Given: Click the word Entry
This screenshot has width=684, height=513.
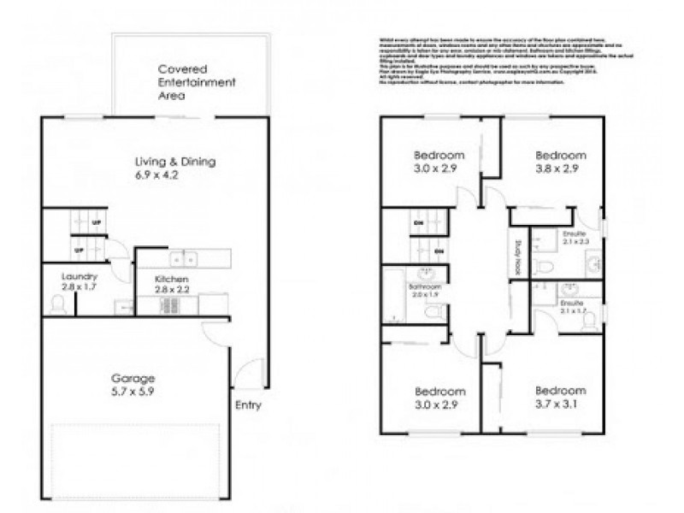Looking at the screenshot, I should pos(248,405).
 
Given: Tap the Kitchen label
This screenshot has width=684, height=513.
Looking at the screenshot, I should pos(171,280).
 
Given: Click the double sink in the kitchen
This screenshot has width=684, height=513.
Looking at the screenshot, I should pos(183,257).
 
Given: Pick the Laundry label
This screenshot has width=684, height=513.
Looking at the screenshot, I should pos(79,277).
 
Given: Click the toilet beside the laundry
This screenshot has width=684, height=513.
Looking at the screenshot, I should pos(58,304).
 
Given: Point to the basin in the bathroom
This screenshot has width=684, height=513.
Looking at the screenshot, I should pos(431,274).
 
